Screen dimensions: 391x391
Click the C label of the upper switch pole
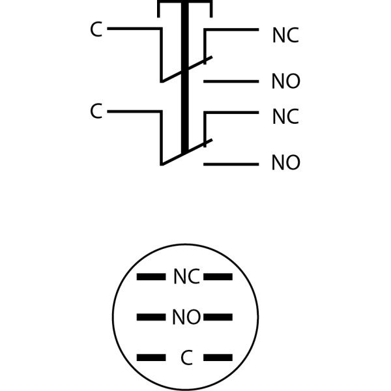click(96, 30)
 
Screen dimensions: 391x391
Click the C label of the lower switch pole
click(96, 111)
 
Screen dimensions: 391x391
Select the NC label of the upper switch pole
click(285, 36)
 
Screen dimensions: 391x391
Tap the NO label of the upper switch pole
click(285, 82)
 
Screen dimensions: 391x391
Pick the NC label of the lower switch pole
click(285, 117)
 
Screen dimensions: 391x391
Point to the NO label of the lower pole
click(285, 163)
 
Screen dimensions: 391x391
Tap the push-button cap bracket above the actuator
click(184, 3)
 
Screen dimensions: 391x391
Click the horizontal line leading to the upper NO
click(231, 81)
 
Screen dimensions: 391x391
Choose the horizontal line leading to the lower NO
click(231, 164)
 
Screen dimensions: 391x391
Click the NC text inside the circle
click(186, 277)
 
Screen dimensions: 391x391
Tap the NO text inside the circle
click(186, 318)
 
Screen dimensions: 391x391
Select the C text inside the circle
click(186, 358)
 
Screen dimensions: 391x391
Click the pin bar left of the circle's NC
click(151, 277)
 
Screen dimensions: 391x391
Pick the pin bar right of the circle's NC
click(218, 277)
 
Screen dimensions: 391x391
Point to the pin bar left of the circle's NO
click(151, 317)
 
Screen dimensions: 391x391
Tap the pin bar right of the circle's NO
click(218, 317)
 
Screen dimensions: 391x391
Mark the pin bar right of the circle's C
click(218, 358)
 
